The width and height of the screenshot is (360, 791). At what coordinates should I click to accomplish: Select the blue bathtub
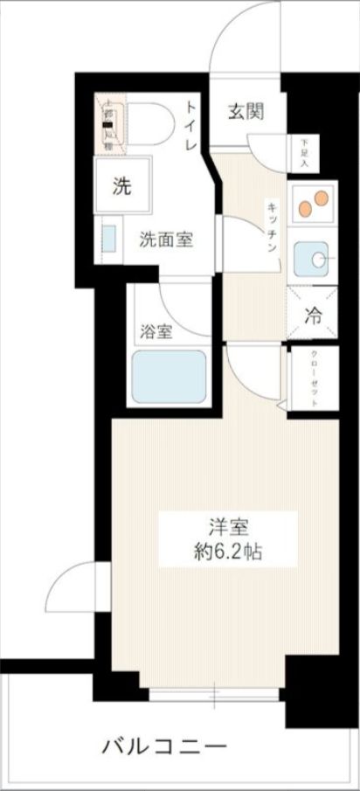169,375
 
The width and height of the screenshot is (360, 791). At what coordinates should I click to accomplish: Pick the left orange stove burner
304,208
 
